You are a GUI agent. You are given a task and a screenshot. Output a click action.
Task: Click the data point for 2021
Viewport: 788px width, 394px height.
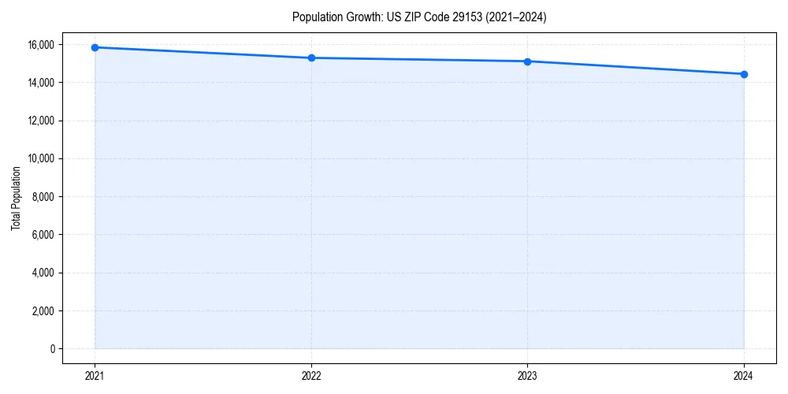pyautogui.click(x=95, y=47)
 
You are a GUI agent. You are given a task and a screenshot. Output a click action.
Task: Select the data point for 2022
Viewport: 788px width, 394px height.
pyautogui.click(x=311, y=58)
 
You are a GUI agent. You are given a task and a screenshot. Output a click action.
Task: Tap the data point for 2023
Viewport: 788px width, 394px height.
pyautogui.click(x=527, y=61)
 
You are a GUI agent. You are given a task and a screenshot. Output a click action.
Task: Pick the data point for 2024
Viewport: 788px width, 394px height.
pyautogui.click(x=744, y=74)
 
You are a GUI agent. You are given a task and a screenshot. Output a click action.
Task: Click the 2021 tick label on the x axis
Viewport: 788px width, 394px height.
pyautogui.click(x=95, y=376)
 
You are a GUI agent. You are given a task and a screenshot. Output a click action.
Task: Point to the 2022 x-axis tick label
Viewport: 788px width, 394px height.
pyautogui.click(x=311, y=376)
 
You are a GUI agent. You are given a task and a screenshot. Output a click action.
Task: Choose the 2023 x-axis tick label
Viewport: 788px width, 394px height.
pyautogui.click(x=527, y=376)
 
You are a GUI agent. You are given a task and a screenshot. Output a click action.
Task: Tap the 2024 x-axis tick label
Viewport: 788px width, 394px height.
pyautogui.click(x=744, y=376)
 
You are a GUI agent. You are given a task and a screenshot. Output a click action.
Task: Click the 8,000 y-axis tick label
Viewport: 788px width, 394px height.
pyautogui.click(x=45, y=197)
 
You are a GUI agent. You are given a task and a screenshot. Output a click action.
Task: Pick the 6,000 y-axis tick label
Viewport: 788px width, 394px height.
pyautogui.click(x=45, y=235)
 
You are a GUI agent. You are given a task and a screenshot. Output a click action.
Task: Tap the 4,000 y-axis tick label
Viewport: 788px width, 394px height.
pyautogui.click(x=45, y=273)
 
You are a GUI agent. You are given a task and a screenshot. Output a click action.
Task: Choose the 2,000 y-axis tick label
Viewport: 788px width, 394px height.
pyautogui.click(x=45, y=310)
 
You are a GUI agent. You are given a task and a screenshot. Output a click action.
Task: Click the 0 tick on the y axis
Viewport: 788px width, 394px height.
pyautogui.click(x=53, y=349)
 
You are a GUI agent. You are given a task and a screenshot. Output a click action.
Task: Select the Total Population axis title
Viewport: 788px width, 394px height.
pyautogui.click(x=16, y=198)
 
